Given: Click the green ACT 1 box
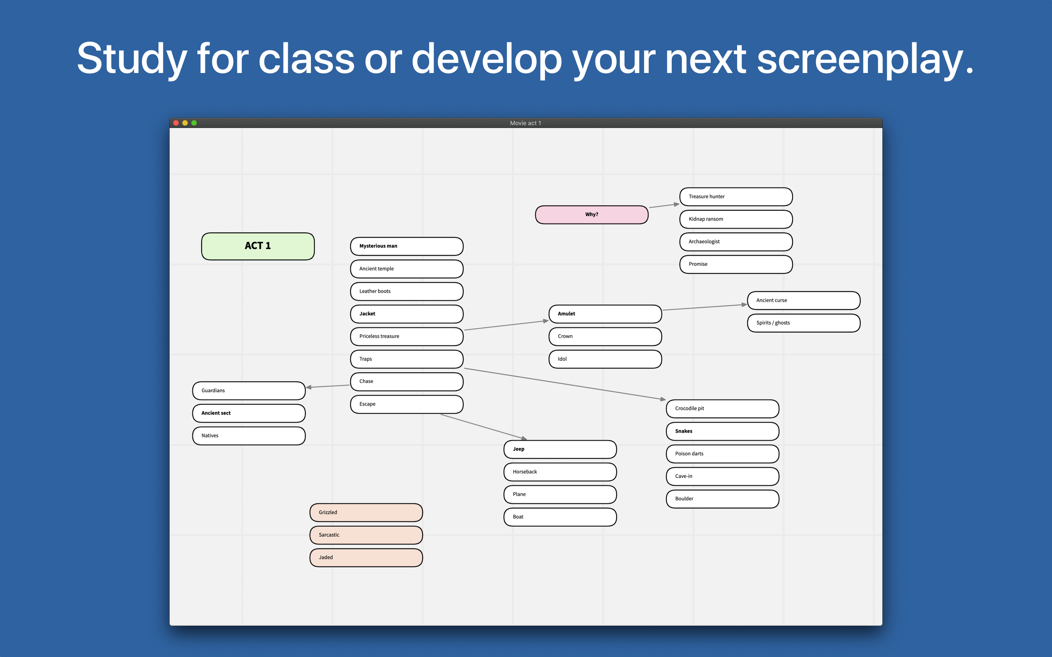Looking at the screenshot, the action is point(258,246).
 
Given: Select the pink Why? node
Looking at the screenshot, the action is point(592,215).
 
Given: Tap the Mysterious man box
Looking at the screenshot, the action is point(407,246).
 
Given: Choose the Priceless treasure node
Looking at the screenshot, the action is point(407,336).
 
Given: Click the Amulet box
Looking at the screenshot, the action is point(605,314).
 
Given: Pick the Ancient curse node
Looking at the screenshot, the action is point(803,300).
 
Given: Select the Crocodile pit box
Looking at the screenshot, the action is point(723,408).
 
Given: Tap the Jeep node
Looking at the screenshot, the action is point(560,449).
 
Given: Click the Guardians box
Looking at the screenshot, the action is point(249,391).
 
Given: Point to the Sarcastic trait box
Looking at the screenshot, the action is point(366,535).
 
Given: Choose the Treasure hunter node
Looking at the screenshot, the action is point(736,196).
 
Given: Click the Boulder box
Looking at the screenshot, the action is point(723,499).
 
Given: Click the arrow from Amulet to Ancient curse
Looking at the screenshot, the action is point(705,307).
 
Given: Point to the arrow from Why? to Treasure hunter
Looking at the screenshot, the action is point(664,205).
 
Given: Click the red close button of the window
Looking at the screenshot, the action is point(176,123).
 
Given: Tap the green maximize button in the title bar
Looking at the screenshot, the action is point(194,123).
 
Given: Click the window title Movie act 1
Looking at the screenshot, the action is point(526,123).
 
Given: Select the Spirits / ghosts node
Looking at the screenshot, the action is point(803,323).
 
